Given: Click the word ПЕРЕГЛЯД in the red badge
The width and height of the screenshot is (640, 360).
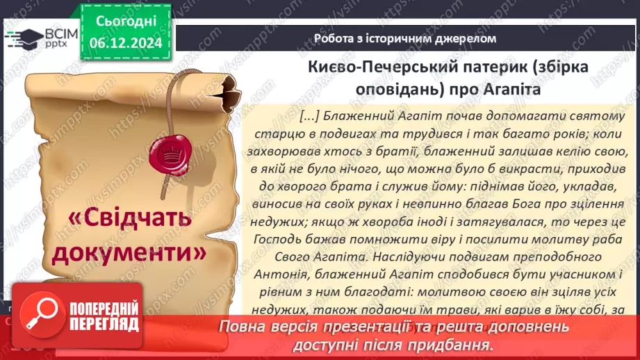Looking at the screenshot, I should click(x=104, y=324).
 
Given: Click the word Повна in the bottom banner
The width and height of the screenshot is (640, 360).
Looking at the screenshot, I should click(x=240, y=327).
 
